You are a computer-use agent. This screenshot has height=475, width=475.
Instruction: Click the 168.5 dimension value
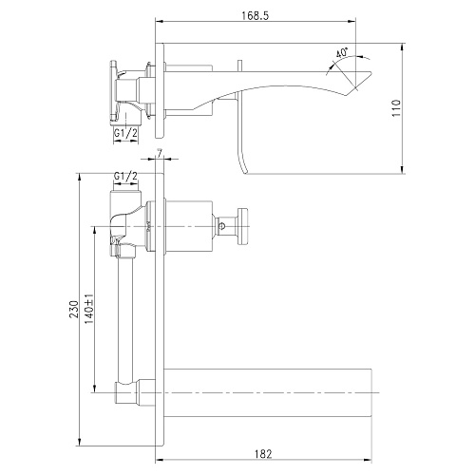(x=255, y=16)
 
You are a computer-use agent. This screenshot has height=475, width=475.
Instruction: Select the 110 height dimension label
(x=396, y=108)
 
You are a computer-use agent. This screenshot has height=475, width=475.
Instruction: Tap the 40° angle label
(x=342, y=52)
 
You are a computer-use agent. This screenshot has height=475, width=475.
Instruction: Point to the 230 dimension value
(x=74, y=310)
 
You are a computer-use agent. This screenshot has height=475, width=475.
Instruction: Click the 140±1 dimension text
(x=89, y=309)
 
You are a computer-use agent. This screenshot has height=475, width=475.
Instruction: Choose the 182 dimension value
(x=263, y=454)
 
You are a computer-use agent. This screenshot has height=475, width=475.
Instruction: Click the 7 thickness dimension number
(x=160, y=153)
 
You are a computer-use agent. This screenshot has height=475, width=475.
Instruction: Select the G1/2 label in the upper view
(x=125, y=133)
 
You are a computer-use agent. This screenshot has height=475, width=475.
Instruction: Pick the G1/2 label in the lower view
(x=125, y=176)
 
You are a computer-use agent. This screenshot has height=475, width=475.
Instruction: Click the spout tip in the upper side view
(x=370, y=73)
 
